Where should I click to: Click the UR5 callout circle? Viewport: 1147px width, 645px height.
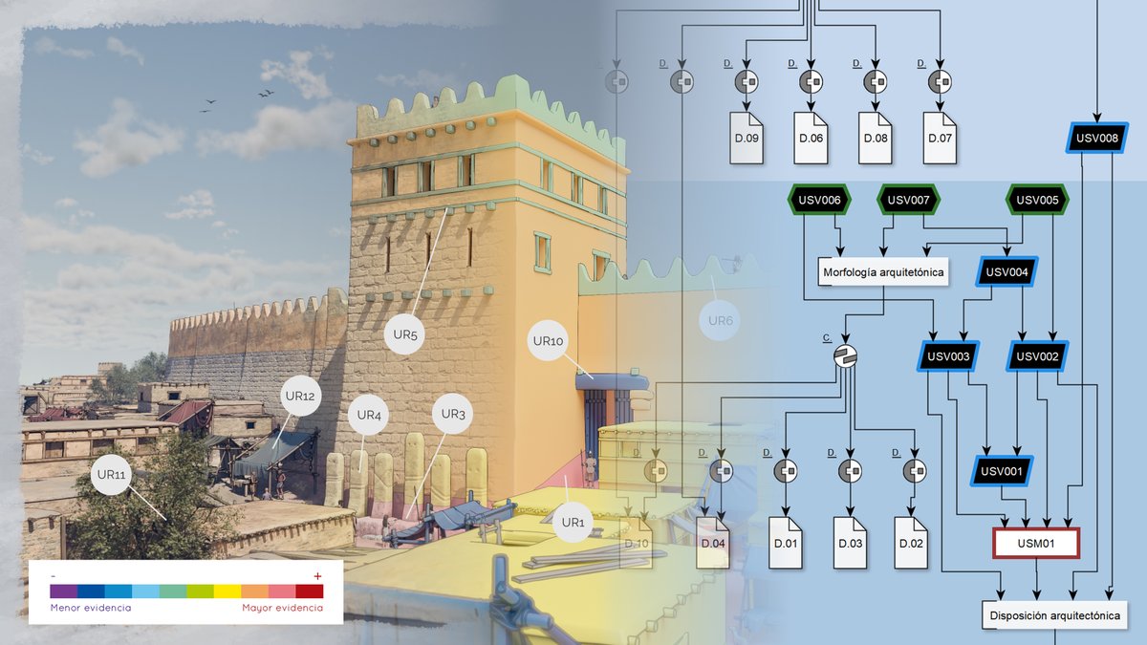tap(406, 334)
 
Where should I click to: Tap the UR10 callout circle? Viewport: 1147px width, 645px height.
tap(550, 341)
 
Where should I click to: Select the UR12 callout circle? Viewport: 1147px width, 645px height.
tap(298, 397)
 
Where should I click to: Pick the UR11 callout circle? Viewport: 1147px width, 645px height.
tap(111, 474)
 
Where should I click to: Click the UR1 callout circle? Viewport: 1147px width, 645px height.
tap(572, 522)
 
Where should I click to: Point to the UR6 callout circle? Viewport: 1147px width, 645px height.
tap(721, 321)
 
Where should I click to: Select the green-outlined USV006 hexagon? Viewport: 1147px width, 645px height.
tap(817, 200)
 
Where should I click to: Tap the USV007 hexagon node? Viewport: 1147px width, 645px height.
tap(908, 200)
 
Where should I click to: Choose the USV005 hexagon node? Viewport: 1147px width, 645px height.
tap(1037, 200)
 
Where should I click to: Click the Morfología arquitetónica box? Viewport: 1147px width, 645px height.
tap(884, 272)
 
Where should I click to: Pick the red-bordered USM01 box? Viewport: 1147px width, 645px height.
tap(1037, 544)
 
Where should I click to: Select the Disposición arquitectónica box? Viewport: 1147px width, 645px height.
tap(1056, 615)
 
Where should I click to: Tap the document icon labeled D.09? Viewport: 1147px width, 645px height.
tap(747, 138)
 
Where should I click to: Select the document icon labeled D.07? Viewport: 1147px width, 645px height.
tap(940, 138)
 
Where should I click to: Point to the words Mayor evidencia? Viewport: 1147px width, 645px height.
tap(282, 608)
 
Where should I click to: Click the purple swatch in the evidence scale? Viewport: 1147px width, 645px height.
tap(63, 591)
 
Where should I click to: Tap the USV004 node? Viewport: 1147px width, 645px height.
tap(1006, 272)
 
